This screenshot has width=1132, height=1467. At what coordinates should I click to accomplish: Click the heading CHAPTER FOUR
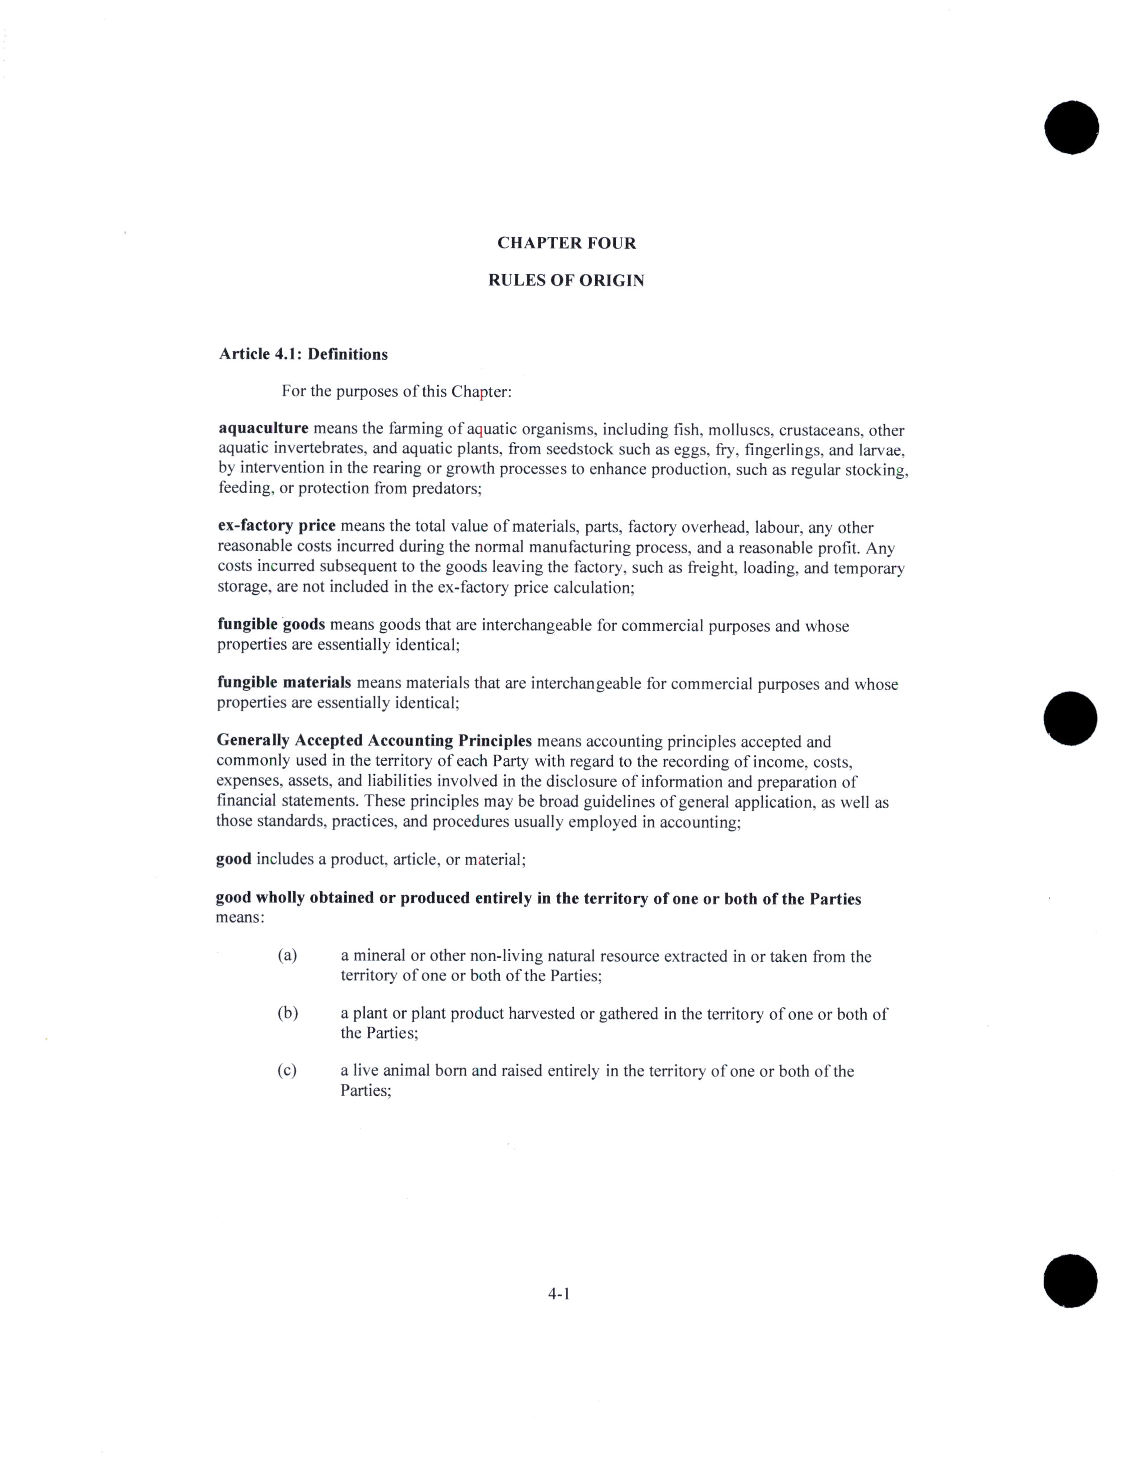click(x=566, y=243)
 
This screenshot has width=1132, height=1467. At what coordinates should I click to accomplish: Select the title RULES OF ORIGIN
click(x=566, y=281)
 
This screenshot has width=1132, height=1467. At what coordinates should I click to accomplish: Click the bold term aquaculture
click(x=263, y=428)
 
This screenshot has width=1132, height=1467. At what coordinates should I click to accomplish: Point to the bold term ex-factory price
click(x=276, y=526)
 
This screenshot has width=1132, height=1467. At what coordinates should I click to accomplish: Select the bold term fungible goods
click(x=271, y=625)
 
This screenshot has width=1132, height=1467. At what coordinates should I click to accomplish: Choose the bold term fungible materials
click(x=284, y=683)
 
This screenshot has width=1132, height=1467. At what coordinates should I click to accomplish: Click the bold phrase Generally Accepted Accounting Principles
click(x=374, y=741)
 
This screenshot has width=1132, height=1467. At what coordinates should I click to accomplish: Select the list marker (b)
click(x=288, y=1013)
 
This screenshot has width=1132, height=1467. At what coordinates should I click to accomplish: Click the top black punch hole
click(x=1072, y=128)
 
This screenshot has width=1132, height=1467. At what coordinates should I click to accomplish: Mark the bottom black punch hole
click(x=1070, y=1280)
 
